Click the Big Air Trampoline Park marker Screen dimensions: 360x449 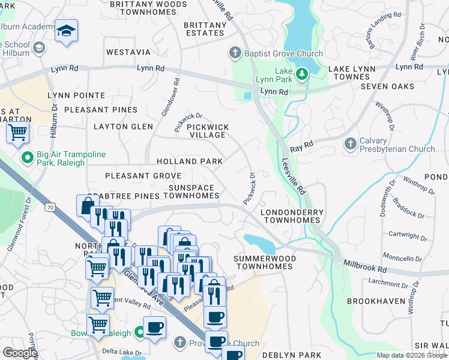pyautogui.click(x=26, y=158)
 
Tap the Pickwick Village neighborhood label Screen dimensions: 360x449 pyautogui.click(x=206, y=131)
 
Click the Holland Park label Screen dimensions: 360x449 pyautogui.click(x=190, y=161)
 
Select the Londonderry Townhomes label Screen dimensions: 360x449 pyautogui.click(x=292, y=216)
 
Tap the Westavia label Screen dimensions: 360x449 pyautogui.click(x=128, y=52)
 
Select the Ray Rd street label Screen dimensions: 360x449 pyautogui.click(x=301, y=146)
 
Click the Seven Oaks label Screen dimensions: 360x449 pyautogui.click(x=387, y=86)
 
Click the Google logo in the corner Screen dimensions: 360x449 pyautogui.click(x=19, y=353)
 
